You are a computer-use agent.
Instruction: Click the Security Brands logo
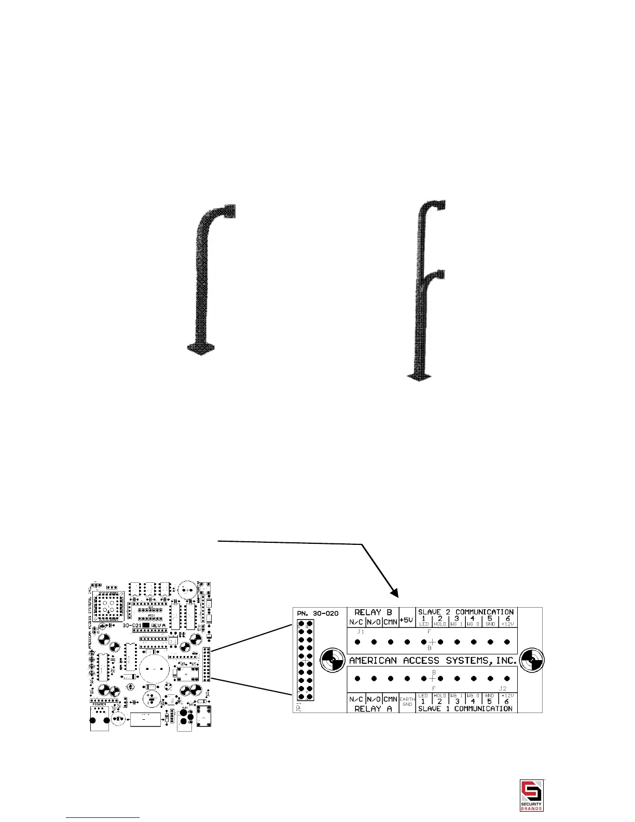coord(532,794)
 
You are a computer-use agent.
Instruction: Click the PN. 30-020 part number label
coord(318,613)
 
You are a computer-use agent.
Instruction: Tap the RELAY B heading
coord(373,612)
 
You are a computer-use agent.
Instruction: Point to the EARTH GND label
coord(407,702)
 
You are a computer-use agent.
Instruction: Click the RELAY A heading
coord(372,708)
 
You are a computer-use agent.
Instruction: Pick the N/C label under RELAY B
coord(356,622)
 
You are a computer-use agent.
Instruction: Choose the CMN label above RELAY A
coord(390,699)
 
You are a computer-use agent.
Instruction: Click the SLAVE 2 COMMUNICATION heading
coord(465,612)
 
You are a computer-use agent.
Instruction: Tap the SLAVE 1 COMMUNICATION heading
coord(465,708)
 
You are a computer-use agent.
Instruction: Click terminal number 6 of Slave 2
coord(507,618)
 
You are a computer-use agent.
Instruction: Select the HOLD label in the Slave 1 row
coord(440,695)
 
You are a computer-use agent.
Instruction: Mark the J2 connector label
coord(503,689)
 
